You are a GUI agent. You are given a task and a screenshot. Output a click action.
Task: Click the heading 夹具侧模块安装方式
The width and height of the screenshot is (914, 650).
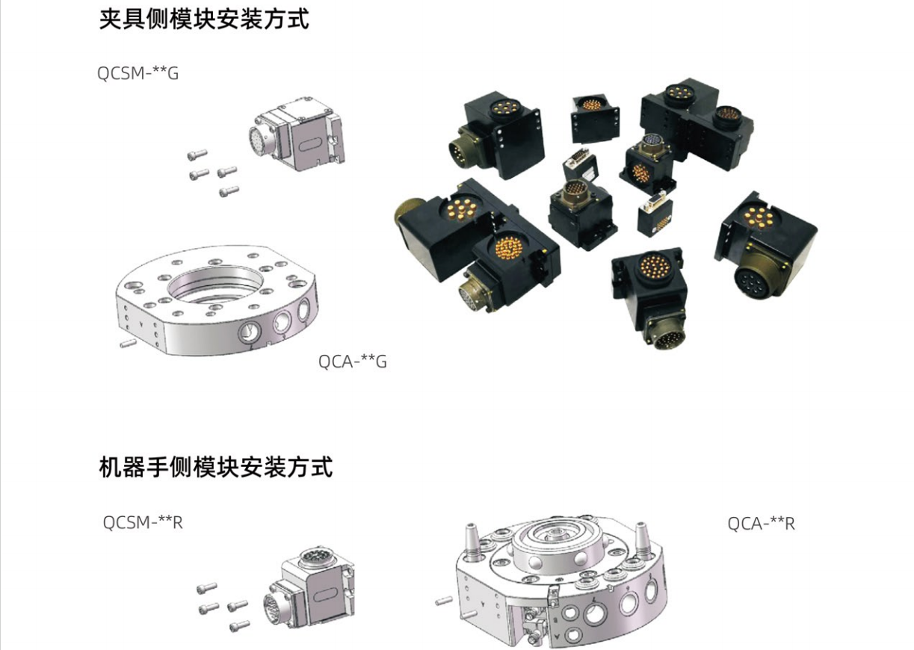tap(203, 19)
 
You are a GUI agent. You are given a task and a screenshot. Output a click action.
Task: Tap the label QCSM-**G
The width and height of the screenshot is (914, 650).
tap(138, 74)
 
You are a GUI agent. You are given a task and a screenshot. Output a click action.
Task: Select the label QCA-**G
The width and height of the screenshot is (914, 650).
tap(353, 362)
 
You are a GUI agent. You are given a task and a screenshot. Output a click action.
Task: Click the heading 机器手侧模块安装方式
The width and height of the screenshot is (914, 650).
tap(215, 467)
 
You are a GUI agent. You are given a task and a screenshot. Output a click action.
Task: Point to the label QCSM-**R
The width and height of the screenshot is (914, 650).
tap(142, 522)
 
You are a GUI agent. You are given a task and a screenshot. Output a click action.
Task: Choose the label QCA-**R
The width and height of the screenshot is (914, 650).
tap(761, 524)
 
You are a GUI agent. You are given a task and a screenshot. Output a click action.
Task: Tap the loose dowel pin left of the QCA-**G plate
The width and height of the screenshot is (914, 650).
tap(127, 343)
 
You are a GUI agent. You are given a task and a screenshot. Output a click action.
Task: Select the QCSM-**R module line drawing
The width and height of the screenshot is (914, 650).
tap(309, 591)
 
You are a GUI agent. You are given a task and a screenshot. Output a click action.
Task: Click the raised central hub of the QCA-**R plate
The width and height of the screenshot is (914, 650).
tap(556, 542)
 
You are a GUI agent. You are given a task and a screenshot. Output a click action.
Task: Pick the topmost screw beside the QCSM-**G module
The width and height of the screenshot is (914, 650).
tap(197, 155)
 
